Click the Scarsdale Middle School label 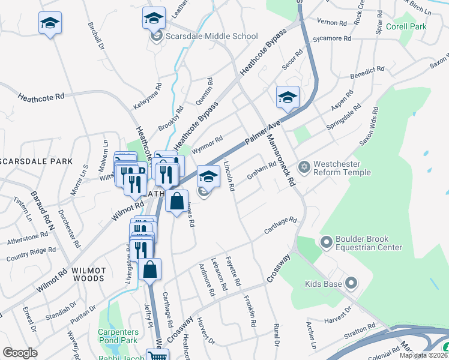(211, 36)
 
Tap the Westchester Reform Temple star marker (304, 166)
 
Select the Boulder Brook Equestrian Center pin (327, 243)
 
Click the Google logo (20, 353)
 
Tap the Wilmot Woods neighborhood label (89, 274)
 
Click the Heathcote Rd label (41, 97)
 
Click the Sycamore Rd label (335, 38)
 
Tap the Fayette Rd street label (234, 271)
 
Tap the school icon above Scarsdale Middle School (154, 19)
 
